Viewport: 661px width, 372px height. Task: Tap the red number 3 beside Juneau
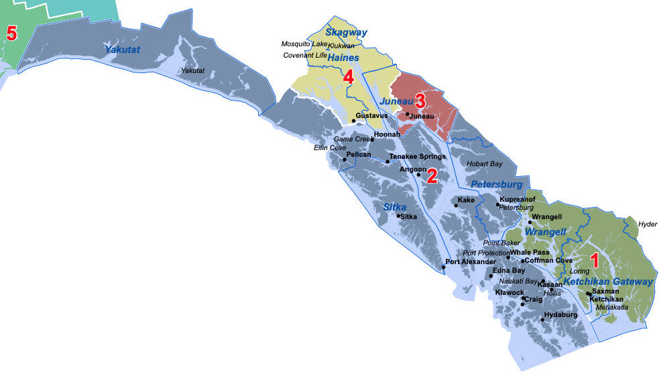[420, 101]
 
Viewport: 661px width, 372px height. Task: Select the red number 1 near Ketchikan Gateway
[593, 258]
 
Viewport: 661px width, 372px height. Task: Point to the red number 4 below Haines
[348, 77]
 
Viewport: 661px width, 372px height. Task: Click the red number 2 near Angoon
[432, 176]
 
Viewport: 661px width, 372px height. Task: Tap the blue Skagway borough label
[347, 32]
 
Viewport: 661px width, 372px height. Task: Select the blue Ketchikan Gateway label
[607, 282]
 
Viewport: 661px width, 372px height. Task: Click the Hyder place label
[648, 224]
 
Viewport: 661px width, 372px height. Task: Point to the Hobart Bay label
[484, 164]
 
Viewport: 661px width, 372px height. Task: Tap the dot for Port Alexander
[444, 267]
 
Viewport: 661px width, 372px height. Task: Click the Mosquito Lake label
[304, 44]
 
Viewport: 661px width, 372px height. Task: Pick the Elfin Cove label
[330, 147]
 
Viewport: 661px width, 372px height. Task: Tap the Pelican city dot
[344, 160]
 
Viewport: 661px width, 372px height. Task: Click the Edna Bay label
[509, 270]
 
